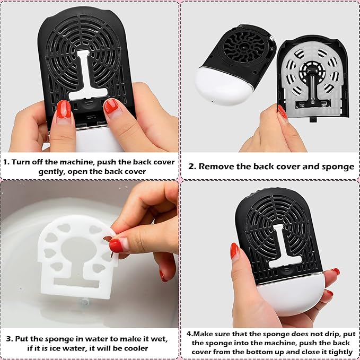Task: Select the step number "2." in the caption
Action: (192, 166)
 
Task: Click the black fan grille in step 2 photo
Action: (244, 47)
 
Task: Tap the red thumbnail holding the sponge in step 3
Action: (116, 245)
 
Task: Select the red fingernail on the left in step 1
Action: (64, 109)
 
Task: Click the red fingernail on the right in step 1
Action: (111, 106)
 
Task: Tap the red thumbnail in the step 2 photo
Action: (283, 111)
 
